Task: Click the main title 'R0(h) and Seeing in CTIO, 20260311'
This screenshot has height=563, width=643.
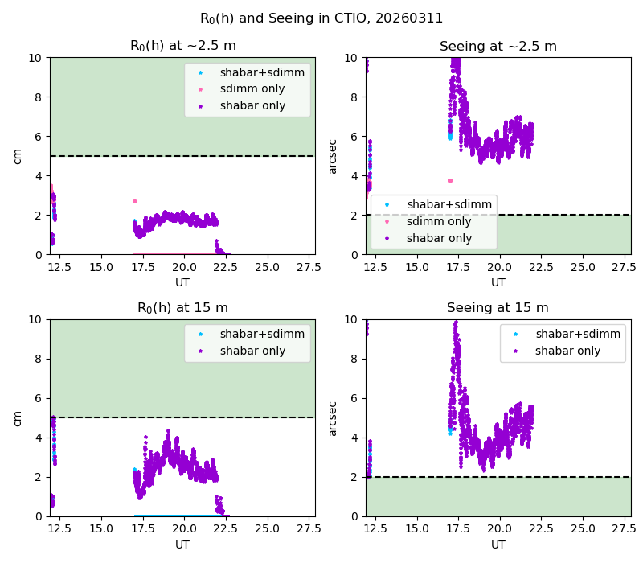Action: tap(321, 18)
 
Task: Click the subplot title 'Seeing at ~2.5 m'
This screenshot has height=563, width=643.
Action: tap(498, 46)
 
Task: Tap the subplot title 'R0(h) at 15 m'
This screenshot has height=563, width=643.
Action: tap(183, 308)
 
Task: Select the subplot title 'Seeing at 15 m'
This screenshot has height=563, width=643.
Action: tap(498, 307)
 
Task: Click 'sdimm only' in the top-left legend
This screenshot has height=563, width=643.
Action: tap(252, 88)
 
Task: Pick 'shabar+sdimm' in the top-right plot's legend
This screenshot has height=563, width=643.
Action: tap(449, 204)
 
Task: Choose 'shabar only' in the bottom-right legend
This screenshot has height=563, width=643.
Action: tap(568, 351)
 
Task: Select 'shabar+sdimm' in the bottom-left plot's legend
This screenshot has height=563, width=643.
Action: tap(263, 334)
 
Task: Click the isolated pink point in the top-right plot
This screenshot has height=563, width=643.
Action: tap(450, 181)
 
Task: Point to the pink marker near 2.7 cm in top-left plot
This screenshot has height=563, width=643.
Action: tap(135, 202)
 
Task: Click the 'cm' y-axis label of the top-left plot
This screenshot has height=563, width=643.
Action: tap(17, 156)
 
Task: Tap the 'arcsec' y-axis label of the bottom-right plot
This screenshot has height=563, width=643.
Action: tap(332, 418)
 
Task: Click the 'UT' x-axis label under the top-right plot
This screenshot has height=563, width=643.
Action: tap(498, 282)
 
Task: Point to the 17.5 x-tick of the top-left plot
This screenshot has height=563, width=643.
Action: tap(143, 267)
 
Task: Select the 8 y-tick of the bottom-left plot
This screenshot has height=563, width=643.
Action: tap(38, 359)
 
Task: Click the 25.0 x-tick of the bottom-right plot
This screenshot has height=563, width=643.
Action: tap(583, 529)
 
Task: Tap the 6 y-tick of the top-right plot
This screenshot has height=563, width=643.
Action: tap(354, 137)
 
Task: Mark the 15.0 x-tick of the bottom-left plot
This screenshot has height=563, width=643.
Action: tap(101, 529)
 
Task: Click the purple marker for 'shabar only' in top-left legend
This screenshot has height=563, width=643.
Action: tap(200, 106)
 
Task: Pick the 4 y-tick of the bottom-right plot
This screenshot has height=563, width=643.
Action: tap(354, 438)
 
